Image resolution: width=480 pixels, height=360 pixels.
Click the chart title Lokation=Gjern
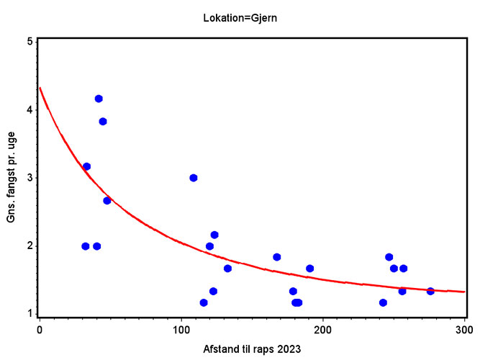pyautogui.click(x=240, y=18)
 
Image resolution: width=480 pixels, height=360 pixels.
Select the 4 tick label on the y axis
pyautogui.click(x=30, y=109)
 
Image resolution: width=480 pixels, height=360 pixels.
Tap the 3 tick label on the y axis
pyautogui.click(x=30, y=178)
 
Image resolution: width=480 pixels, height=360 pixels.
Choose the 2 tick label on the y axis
pyautogui.click(x=30, y=246)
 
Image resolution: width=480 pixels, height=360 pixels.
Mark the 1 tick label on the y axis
pyautogui.click(x=30, y=314)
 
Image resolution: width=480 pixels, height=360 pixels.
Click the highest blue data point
pyautogui.click(x=99, y=99)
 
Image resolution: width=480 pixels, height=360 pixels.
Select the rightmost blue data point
pyautogui.click(x=430, y=291)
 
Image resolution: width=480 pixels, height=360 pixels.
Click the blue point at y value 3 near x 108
pyautogui.click(x=194, y=178)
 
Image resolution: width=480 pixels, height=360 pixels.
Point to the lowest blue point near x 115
pyautogui.click(x=204, y=302)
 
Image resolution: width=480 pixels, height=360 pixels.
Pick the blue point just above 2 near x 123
pyautogui.click(x=214, y=235)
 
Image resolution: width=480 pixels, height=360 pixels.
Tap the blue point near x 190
pyautogui.click(x=309, y=269)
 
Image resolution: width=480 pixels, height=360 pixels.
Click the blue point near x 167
pyautogui.click(x=277, y=257)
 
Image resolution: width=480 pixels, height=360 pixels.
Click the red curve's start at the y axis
pyautogui.click(x=40, y=89)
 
